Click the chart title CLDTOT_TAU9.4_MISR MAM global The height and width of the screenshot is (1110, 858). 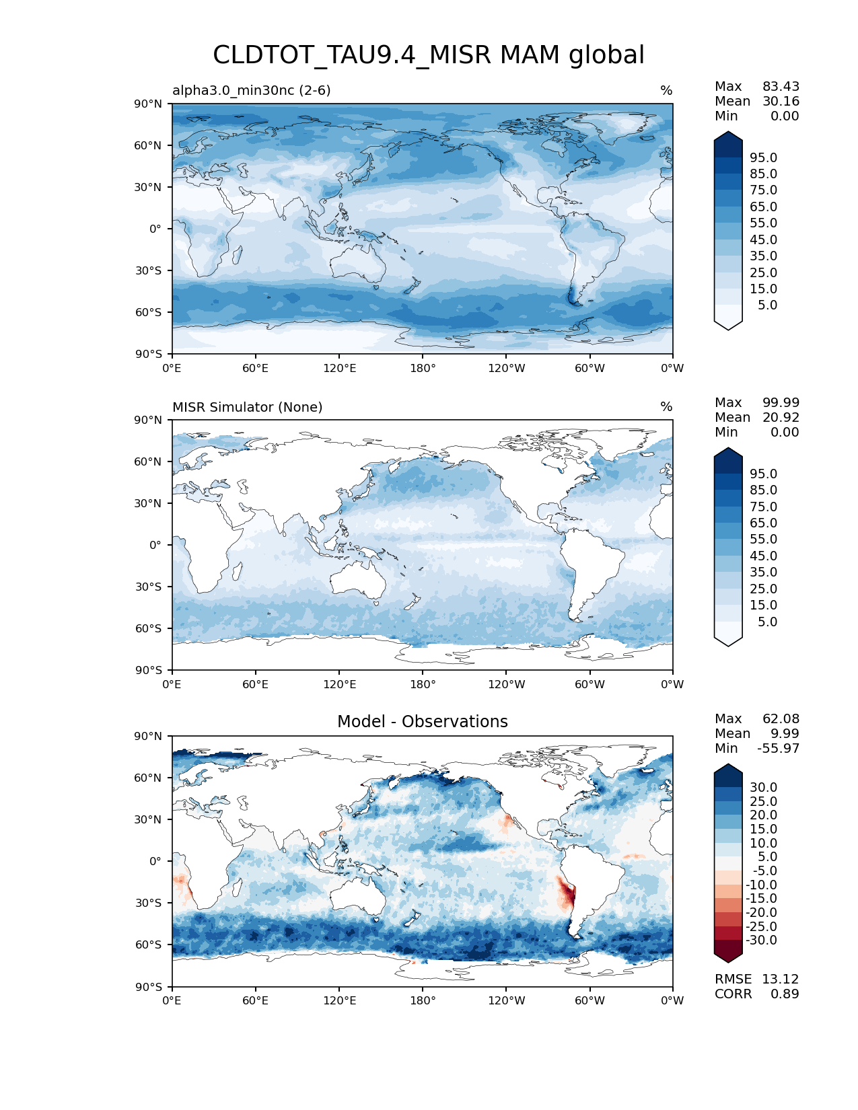tap(429, 55)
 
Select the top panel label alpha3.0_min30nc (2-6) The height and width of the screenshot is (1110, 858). tap(251, 90)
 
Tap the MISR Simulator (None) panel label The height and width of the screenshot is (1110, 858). tap(247, 407)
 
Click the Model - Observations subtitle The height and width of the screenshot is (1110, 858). tap(422, 722)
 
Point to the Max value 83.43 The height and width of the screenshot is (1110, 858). tap(781, 87)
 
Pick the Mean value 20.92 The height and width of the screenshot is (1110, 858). tap(781, 418)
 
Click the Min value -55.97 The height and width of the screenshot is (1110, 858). tap(778, 749)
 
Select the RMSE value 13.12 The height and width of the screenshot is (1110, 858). tap(780, 979)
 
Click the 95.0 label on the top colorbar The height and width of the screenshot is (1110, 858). tap(763, 157)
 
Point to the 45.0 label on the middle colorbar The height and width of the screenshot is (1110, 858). tap(763, 556)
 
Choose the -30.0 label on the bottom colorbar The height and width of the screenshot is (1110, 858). tap(761, 940)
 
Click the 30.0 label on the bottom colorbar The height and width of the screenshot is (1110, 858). tap(763, 787)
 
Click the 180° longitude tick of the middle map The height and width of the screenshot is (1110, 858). tap(423, 684)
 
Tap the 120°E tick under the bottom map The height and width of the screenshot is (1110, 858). tap(339, 1000)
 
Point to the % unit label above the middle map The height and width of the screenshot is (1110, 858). tap(666, 407)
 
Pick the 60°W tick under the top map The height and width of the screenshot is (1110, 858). tap(589, 368)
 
